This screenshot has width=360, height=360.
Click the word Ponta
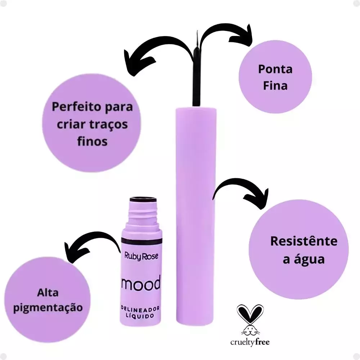tap(275, 69)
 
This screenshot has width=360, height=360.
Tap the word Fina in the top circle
tap(275, 86)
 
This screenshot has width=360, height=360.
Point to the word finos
tap(92, 141)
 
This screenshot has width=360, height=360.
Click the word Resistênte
tap(304, 241)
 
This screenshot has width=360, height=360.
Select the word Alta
tap(48, 293)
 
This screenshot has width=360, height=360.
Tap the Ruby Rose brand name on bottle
tap(141, 256)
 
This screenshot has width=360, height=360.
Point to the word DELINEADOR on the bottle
tap(140, 310)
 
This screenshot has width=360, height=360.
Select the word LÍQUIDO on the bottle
tap(140, 316)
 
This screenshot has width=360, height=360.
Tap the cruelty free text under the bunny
tap(250, 342)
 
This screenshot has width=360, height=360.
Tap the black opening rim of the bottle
tap(143, 199)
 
